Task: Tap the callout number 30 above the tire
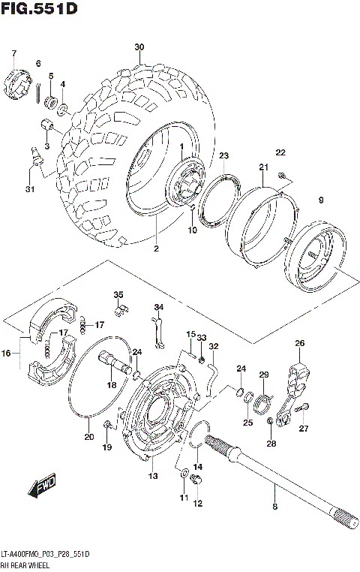coord(139,47)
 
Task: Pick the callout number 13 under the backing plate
coord(153,477)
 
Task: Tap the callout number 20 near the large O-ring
coord(88,438)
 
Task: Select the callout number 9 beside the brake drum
coord(320,200)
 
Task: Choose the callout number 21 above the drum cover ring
coord(263,167)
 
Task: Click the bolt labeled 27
coord(301,410)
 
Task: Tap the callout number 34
coord(158,308)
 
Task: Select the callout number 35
coord(118,294)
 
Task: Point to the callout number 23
coord(223,155)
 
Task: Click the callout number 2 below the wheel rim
coord(157,248)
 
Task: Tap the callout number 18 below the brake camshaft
coord(112,384)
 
